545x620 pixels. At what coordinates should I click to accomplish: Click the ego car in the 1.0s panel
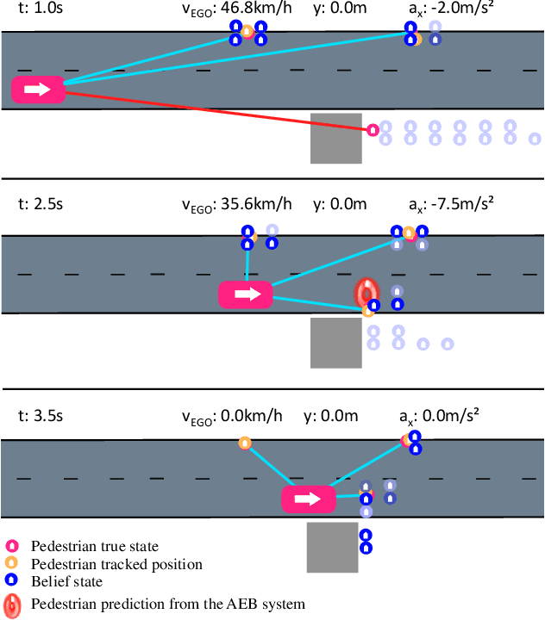38,89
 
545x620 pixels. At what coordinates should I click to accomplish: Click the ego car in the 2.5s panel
246,294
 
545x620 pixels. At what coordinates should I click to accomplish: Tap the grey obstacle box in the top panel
335,138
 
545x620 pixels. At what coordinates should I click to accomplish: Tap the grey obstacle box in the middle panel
335,343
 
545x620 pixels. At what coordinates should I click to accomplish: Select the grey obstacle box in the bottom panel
332,547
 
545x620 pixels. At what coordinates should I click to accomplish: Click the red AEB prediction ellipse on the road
365,293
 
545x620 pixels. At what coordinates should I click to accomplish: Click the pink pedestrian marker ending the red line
373,130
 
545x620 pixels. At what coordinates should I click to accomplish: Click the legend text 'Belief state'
66,582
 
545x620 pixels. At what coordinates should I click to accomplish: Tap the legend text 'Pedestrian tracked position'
116,564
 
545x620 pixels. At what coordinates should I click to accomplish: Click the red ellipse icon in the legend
13,604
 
